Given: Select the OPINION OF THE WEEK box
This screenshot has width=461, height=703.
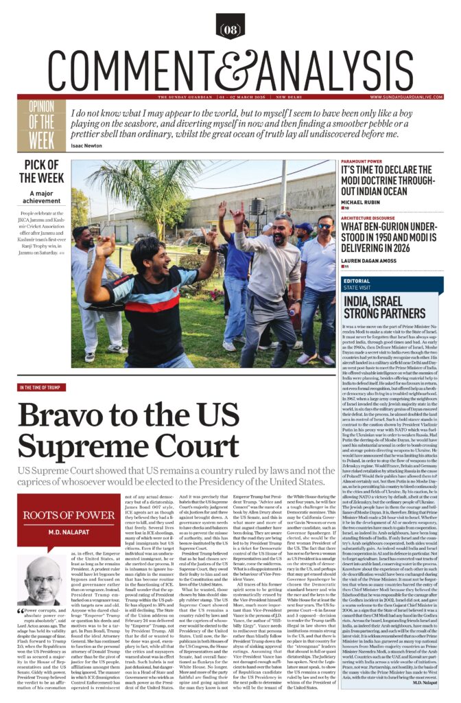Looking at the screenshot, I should (x=46, y=125).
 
